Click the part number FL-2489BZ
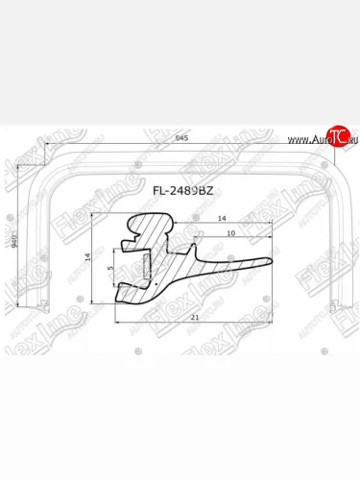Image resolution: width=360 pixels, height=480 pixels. coord(181,189)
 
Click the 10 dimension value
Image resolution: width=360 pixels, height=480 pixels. coord(230,232)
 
